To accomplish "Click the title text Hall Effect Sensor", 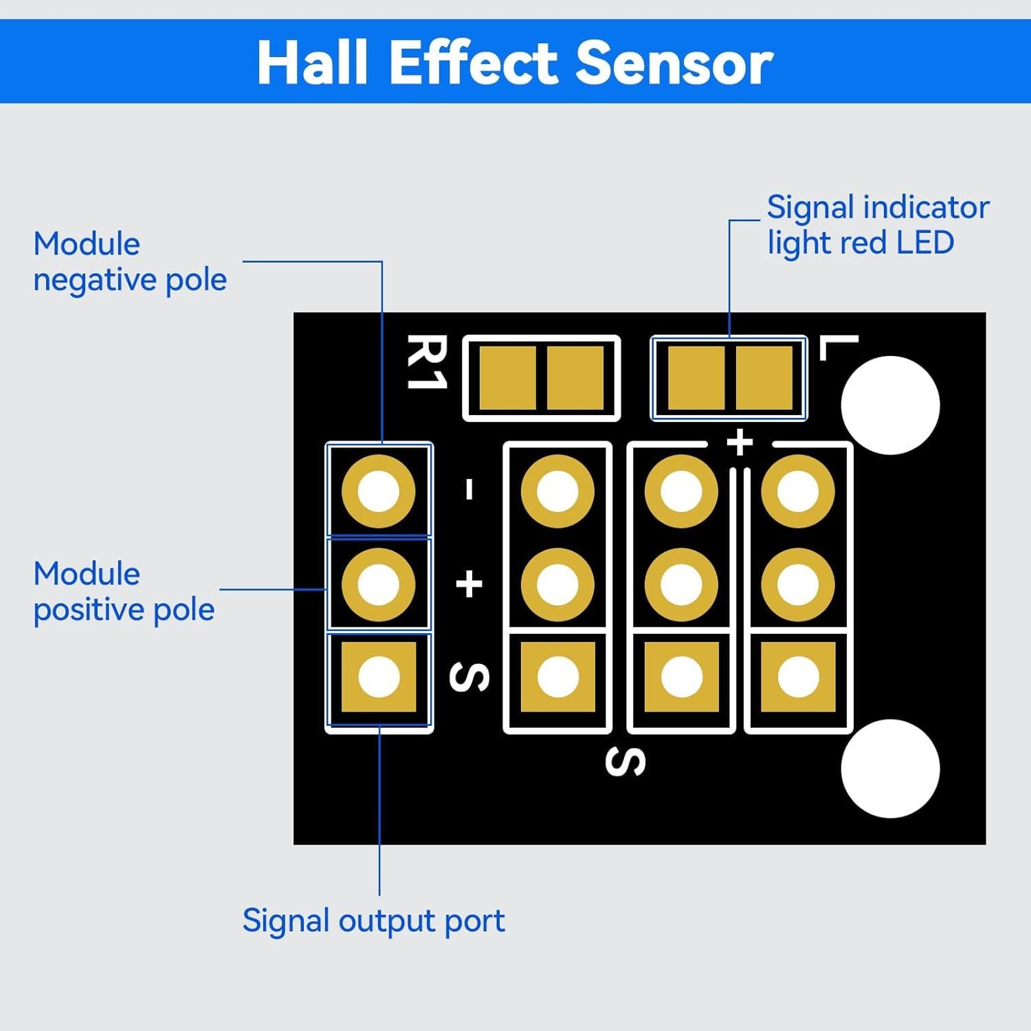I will pos(515,63).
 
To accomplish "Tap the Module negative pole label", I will pos(129,262).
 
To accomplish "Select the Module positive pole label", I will pos(124,592).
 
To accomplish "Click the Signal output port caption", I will pos(373,920).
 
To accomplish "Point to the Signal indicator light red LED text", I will pos(877,225).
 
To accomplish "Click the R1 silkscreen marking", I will pos(427,362).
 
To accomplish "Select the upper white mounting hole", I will pos(890,405).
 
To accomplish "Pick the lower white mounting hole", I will pos(890,768).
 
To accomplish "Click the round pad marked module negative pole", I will pos(379,491).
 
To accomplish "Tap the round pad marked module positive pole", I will pos(379,584).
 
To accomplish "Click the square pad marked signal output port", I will pos(379,676).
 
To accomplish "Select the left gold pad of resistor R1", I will pos(507,378).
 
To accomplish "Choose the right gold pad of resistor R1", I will pos(575,378).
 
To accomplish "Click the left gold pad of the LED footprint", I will pos(696,378).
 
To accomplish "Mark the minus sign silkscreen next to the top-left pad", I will pos(469,489).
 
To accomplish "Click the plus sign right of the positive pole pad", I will pos(469,584).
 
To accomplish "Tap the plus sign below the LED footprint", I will pos(740,442).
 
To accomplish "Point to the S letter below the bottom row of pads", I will pos(625,762).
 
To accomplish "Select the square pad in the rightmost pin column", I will pos(798,676).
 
